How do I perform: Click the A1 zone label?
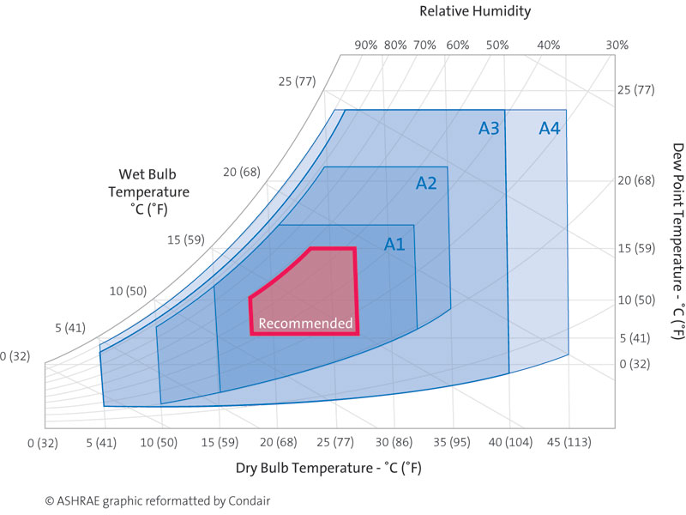pos(394,244)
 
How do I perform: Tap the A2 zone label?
pos(426,183)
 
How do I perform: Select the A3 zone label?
pos(489,129)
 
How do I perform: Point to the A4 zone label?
pos(550,129)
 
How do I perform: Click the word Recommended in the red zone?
pos(305,324)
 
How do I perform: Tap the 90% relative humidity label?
pos(365,45)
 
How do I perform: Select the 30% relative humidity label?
pos(617,45)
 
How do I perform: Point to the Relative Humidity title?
pos(475,11)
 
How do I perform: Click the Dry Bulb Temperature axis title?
pos(328,469)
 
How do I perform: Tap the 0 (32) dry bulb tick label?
pos(42,443)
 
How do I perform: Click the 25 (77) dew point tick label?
pos(635,90)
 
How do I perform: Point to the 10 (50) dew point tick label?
pos(635,300)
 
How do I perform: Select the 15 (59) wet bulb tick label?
pos(186,239)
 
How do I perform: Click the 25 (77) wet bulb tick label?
pos(297,82)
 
